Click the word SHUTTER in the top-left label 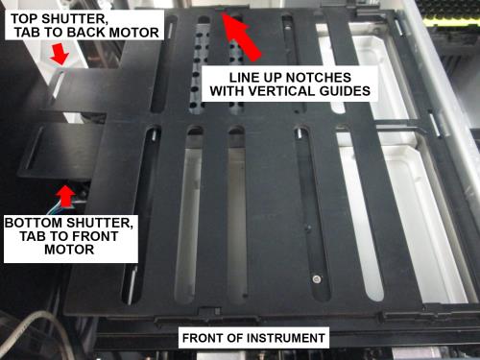[x=75, y=19]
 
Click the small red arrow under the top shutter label [x=60, y=54]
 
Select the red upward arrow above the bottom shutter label [x=66, y=196]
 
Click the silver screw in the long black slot [x=317, y=279]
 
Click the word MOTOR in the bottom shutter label [x=69, y=250]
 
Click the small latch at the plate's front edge [x=209, y=311]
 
